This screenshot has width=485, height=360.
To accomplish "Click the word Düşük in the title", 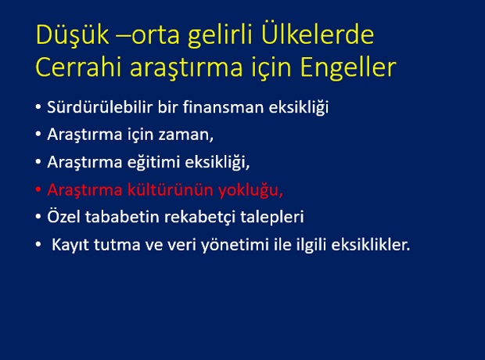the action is point(73,35).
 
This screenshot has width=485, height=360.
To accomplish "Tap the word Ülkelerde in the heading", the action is point(318,34).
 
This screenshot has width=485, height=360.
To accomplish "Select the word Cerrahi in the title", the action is point(78,67).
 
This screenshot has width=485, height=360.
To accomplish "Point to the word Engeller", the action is point(348,69).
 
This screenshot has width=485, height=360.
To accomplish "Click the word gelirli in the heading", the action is point(221,36).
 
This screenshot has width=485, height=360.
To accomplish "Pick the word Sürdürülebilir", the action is point(100,107).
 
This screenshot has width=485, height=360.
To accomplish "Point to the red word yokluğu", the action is point(249,190).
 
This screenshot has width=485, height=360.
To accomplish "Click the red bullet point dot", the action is point(38,189).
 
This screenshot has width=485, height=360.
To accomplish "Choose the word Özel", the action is point(63,216).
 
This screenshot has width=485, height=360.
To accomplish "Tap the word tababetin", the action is point(122,217).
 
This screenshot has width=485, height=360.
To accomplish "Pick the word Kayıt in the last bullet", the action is point(70,245).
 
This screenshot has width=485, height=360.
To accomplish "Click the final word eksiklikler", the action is point(371,244).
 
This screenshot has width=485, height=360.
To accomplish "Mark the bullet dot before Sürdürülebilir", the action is point(38,107).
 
